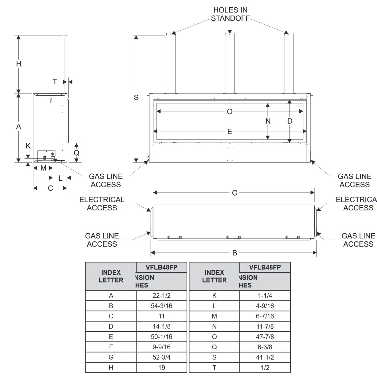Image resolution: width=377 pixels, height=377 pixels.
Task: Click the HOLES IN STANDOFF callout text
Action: coord(230,14)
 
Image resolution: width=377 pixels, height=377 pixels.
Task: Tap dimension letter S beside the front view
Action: coord(136,98)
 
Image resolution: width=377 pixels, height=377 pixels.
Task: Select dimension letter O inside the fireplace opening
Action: coord(230,112)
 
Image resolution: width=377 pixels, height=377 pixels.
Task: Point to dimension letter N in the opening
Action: coord(268,121)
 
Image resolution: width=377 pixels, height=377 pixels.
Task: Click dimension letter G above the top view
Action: coord(234,193)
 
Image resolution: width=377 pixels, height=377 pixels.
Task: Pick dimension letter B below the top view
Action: coord(234,253)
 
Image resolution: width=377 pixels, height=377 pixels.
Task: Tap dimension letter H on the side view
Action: coord(19,64)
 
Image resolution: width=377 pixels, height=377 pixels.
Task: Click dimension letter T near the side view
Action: coord(55,82)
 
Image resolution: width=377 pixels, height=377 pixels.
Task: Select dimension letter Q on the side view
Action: coord(76,153)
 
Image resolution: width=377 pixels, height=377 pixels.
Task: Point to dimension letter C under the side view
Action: coord(50,188)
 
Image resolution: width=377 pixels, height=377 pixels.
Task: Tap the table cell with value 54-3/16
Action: coord(161,306)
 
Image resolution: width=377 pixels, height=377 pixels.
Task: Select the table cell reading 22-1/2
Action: coord(161,296)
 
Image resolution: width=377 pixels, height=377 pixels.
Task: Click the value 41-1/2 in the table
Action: coord(265,357)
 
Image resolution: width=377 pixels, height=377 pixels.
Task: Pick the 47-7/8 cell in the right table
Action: coord(265,337)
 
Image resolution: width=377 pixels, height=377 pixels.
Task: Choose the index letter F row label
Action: coord(111,347)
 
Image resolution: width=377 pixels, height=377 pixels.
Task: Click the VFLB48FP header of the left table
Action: coord(161,267)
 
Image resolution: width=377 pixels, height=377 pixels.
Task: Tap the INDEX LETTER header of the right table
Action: coord(214,276)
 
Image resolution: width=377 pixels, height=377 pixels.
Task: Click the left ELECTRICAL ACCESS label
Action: coord(102,204)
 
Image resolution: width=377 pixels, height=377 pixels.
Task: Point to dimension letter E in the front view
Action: coord(230,131)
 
